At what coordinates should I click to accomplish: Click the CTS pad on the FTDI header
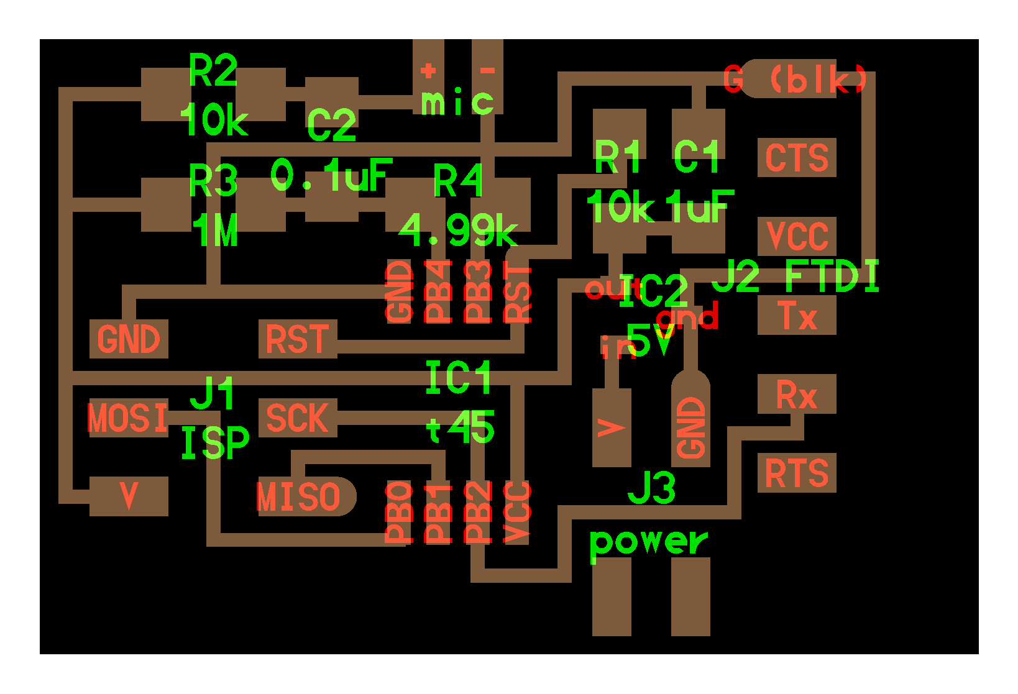click(x=796, y=158)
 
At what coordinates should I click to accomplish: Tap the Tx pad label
click(x=796, y=316)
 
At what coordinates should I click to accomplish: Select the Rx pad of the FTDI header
click(x=796, y=395)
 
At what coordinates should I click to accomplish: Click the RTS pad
click(x=796, y=473)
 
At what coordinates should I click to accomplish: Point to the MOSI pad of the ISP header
click(x=128, y=418)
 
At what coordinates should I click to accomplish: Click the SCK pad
click(x=297, y=418)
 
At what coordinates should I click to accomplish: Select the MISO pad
click(x=299, y=496)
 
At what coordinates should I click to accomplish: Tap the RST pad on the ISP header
click(x=297, y=339)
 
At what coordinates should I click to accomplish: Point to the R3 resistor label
click(x=213, y=181)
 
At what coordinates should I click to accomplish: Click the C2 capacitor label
click(x=331, y=125)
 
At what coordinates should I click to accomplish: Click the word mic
click(x=457, y=102)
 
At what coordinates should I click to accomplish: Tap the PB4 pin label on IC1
click(x=438, y=292)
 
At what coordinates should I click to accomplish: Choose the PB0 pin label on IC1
click(x=399, y=513)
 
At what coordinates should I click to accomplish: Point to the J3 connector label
click(x=651, y=488)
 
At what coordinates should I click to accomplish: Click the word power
click(x=648, y=542)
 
